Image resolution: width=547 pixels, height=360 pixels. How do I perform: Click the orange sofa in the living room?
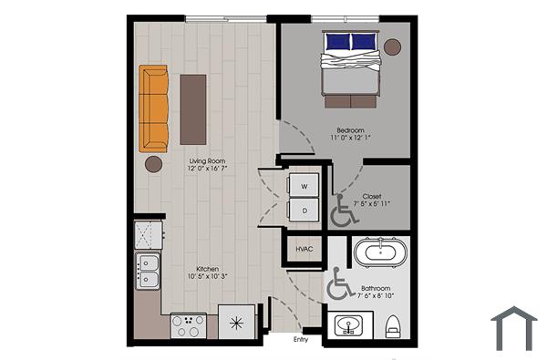[155, 108]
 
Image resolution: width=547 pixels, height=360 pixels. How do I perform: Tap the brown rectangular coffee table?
[193, 108]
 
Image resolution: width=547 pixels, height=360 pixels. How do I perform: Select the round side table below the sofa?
[153, 164]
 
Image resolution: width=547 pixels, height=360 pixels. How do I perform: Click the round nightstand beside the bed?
[392, 46]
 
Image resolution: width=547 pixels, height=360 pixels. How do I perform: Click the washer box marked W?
[304, 185]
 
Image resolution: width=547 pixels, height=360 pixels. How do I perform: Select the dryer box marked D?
[304, 209]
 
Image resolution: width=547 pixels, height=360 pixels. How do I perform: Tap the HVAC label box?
[304, 249]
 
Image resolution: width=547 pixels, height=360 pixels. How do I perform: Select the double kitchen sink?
[147, 271]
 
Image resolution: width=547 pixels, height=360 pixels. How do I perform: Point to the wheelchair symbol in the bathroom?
[340, 285]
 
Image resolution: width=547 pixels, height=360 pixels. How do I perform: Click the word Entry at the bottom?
[300, 341]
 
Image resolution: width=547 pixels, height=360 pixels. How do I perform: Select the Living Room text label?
[208, 165]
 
